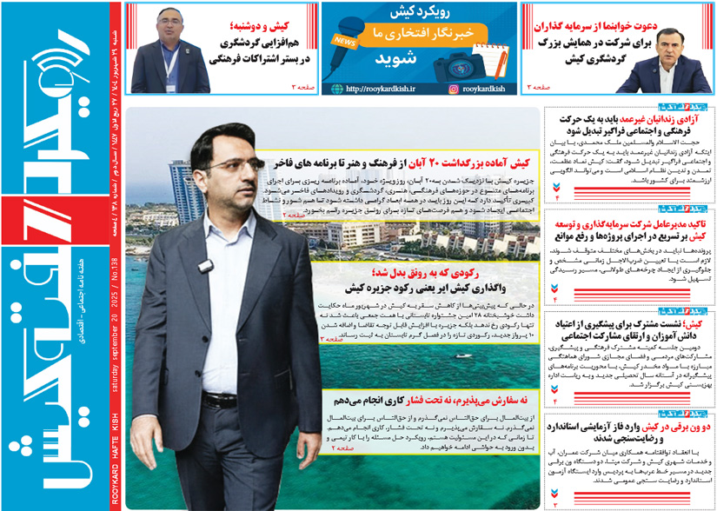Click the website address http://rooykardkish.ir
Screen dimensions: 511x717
381,89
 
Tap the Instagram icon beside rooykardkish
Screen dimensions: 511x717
454,89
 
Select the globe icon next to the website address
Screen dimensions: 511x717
335,89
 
